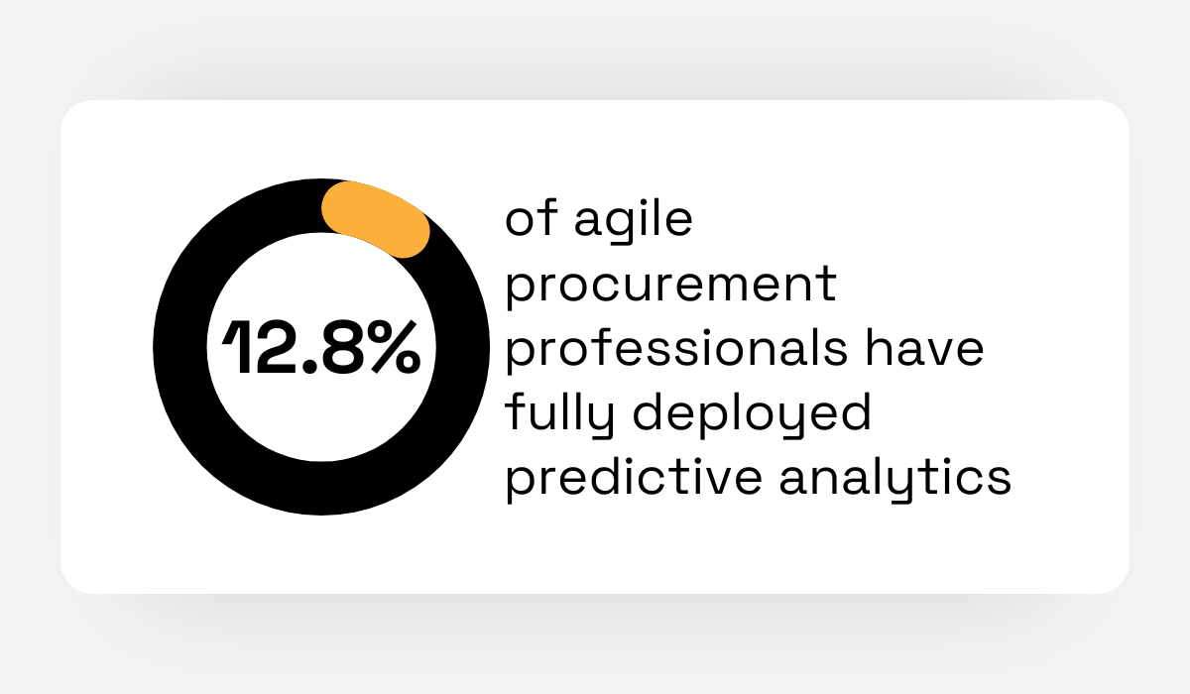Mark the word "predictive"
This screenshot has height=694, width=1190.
pyautogui.click(x=635, y=478)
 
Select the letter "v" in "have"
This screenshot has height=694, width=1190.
pyautogui.click(x=932, y=353)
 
